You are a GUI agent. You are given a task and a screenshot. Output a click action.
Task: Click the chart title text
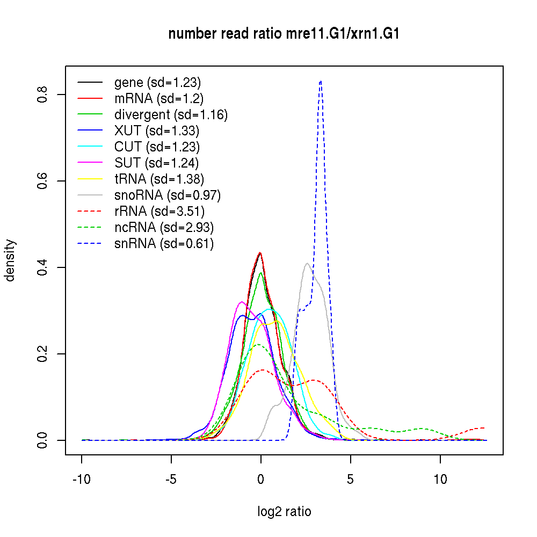tap(284, 34)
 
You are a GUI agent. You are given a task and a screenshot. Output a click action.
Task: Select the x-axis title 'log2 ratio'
tap(284, 512)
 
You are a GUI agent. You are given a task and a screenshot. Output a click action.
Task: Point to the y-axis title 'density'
tap(10, 260)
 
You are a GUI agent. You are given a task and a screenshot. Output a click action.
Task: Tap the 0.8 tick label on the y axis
tap(44, 95)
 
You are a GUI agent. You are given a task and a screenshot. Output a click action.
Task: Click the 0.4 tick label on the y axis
tap(44, 267)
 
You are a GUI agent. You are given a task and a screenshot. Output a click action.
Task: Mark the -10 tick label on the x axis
tap(82, 479)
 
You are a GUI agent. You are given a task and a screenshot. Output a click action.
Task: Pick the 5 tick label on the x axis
tap(351, 479)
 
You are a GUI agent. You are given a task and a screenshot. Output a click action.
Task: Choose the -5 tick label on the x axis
tap(171, 479)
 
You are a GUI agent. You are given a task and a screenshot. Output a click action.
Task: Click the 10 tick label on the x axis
tap(440, 479)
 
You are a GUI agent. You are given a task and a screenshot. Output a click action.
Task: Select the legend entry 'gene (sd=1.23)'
tap(157, 83)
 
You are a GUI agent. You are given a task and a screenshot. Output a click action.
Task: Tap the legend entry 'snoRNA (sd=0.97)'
tap(168, 195)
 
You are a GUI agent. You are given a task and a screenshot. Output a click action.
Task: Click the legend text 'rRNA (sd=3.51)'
tap(159, 211)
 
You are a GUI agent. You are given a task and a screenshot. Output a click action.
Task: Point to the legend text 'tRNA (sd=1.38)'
tap(159, 179)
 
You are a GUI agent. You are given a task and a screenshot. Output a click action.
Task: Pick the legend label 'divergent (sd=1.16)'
tap(171, 114)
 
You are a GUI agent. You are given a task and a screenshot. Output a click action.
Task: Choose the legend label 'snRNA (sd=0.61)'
tap(164, 243)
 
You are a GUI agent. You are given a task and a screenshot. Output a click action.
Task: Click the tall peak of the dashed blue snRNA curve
tap(321, 81)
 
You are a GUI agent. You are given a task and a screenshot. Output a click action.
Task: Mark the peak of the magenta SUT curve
tap(242, 302)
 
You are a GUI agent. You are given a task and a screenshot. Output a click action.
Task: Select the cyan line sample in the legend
tap(90, 147)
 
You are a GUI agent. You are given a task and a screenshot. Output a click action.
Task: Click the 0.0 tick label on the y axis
tap(44, 440)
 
